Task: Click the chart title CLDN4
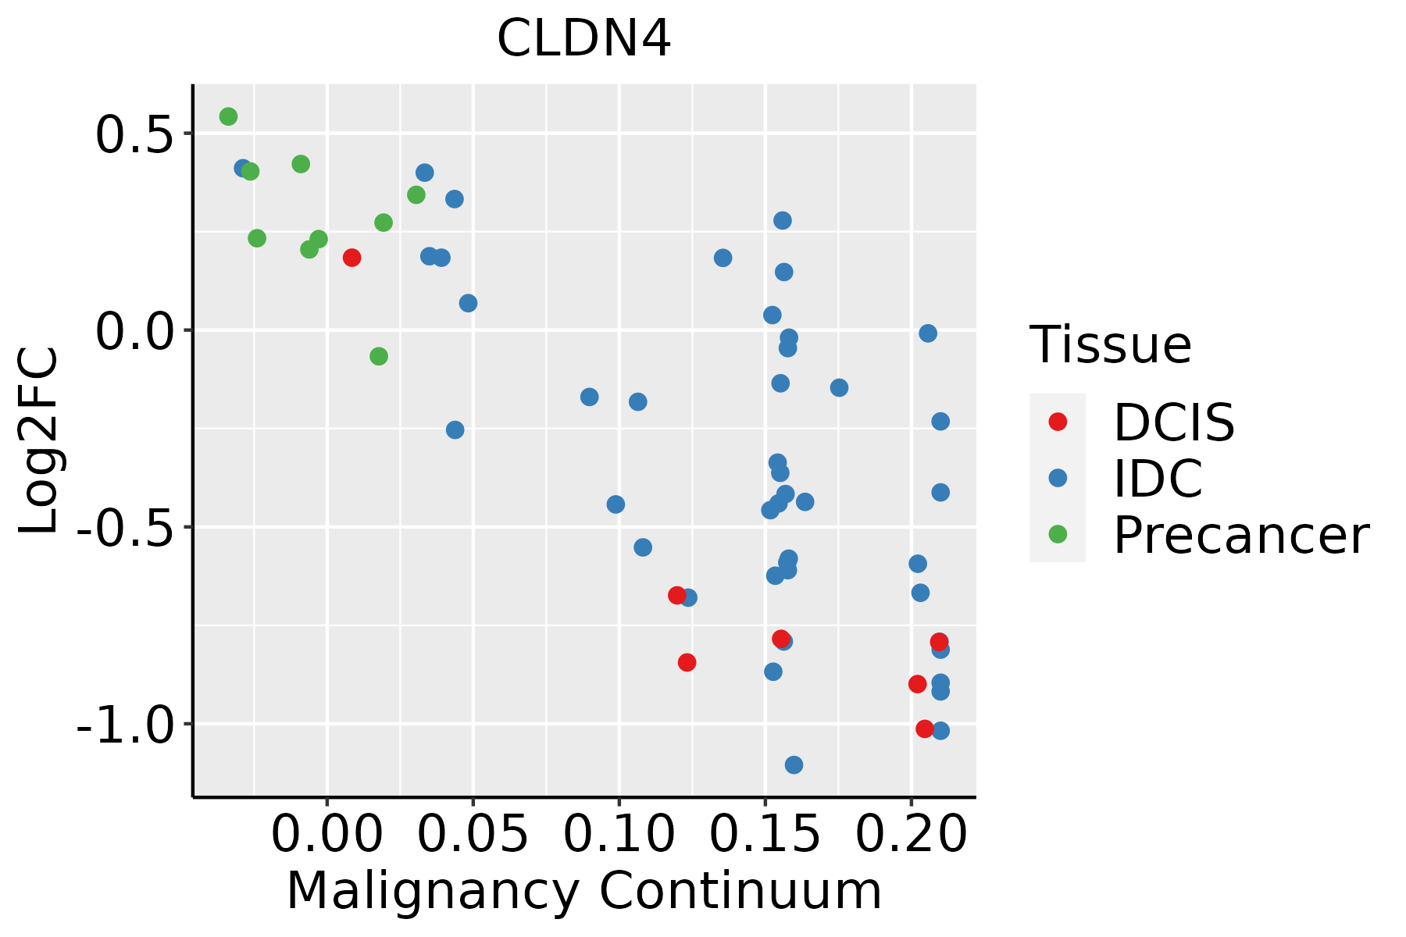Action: pyautogui.click(x=583, y=38)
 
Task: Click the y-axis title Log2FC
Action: pyautogui.click(x=39, y=440)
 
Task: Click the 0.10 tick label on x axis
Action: pyautogui.click(x=619, y=834)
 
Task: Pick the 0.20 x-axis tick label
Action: pyautogui.click(x=911, y=834)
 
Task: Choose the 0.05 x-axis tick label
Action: pyautogui.click(x=473, y=834)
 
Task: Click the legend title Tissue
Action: pyautogui.click(x=1110, y=344)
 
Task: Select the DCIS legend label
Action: pyautogui.click(x=1173, y=422)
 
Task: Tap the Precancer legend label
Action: pyautogui.click(x=1240, y=536)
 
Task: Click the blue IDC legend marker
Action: pyautogui.click(x=1058, y=478)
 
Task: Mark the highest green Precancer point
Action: pyautogui.click(x=228, y=116)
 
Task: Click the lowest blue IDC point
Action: pyautogui.click(x=794, y=764)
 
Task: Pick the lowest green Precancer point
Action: pyautogui.click(x=379, y=356)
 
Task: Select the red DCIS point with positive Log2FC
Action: pyautogui.click(x=351, y=258)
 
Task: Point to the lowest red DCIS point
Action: pyautogui.click(x=925, y=729)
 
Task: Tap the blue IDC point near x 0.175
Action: pyautogui.click(x=839, y=387)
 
